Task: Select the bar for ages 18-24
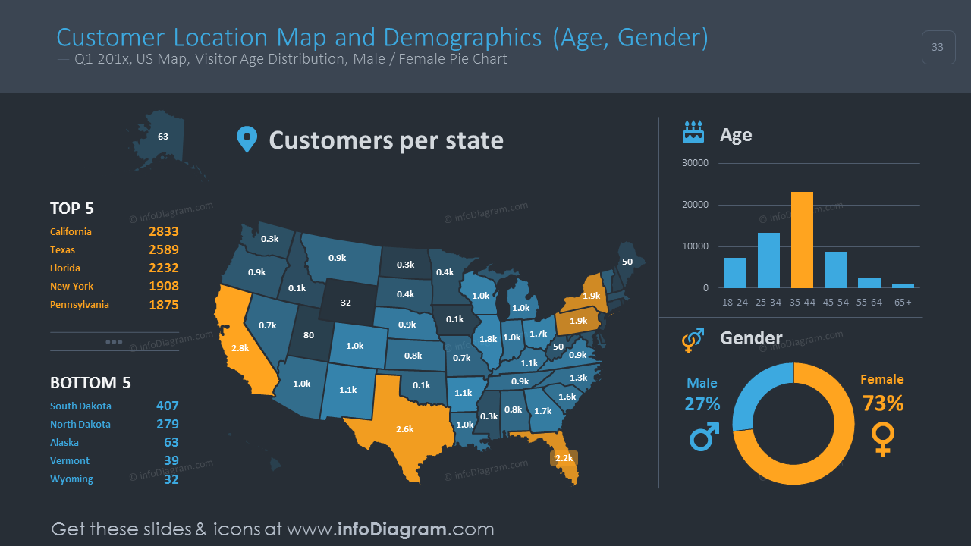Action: point(735,273)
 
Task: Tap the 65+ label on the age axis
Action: point(903,302)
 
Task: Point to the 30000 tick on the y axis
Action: point(695,163)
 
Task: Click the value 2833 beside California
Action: point(164,232)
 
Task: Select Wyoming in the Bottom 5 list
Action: point(71,479)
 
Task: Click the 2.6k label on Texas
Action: point(405,429)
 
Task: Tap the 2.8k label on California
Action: point(240,348)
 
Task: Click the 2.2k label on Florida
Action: point(564,458)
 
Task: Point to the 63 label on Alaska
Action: point(163,137)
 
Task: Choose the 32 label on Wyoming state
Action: point(346,303)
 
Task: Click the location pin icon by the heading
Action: point(247,140)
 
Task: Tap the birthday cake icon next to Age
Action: point(693,132)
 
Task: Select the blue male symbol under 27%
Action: point(703,438)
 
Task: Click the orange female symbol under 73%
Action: point(883,439)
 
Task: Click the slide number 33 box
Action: point(938,47)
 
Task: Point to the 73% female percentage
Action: point(883,403)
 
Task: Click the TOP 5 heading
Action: point(72,209)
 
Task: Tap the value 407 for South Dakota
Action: point(168,406)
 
